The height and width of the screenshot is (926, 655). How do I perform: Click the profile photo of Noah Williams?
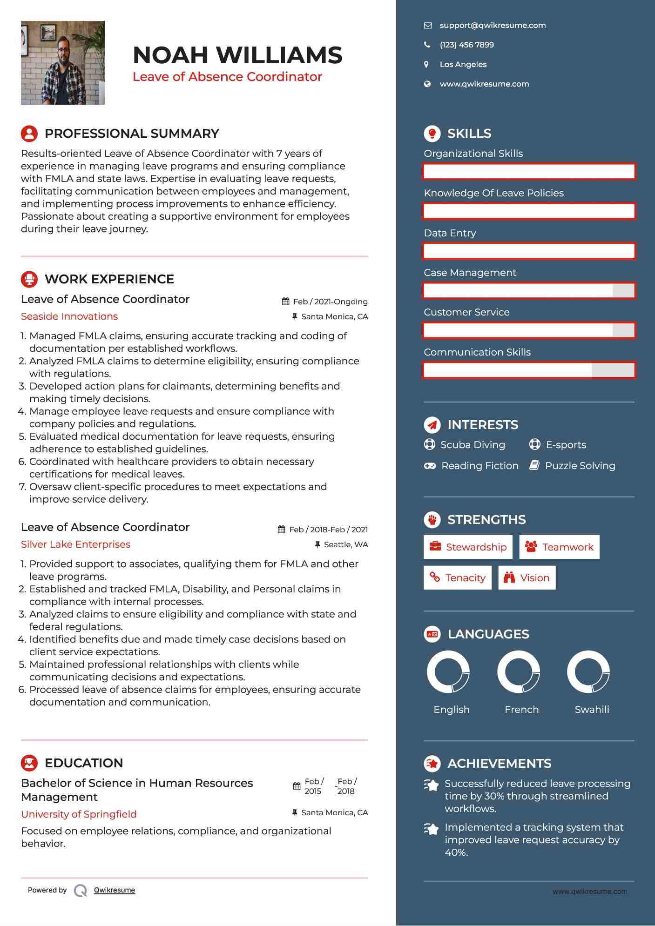coord(63,63)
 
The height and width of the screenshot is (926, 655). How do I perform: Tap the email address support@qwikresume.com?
coord(493,26)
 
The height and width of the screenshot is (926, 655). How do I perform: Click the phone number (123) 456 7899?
coord(466,45)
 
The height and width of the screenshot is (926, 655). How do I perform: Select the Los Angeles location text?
coord(463,65)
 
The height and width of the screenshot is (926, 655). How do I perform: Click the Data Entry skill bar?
coord(529,251)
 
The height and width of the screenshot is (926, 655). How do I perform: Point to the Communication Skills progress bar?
coord(529,370)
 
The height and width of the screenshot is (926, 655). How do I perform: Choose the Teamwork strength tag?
coord(559,547)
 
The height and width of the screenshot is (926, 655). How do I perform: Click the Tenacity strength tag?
coord(457,578)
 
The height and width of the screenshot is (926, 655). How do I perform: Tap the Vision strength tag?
coord(527,578)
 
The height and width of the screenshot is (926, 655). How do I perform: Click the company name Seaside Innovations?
coord(69,316)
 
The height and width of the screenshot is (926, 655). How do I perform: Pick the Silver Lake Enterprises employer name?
coord(75,544)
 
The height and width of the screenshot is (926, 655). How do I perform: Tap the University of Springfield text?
coord(79,814)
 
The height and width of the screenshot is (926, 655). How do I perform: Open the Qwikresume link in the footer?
coord(115,890)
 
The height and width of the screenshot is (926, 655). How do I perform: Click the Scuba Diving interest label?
coord(473,445)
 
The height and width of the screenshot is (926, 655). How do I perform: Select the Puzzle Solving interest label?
coord(580,466)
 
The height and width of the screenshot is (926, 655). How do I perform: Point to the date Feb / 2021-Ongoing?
coord(330,302)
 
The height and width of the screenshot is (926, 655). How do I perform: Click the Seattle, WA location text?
coord(345,544)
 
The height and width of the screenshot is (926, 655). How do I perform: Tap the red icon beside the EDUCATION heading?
coord(29,763)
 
